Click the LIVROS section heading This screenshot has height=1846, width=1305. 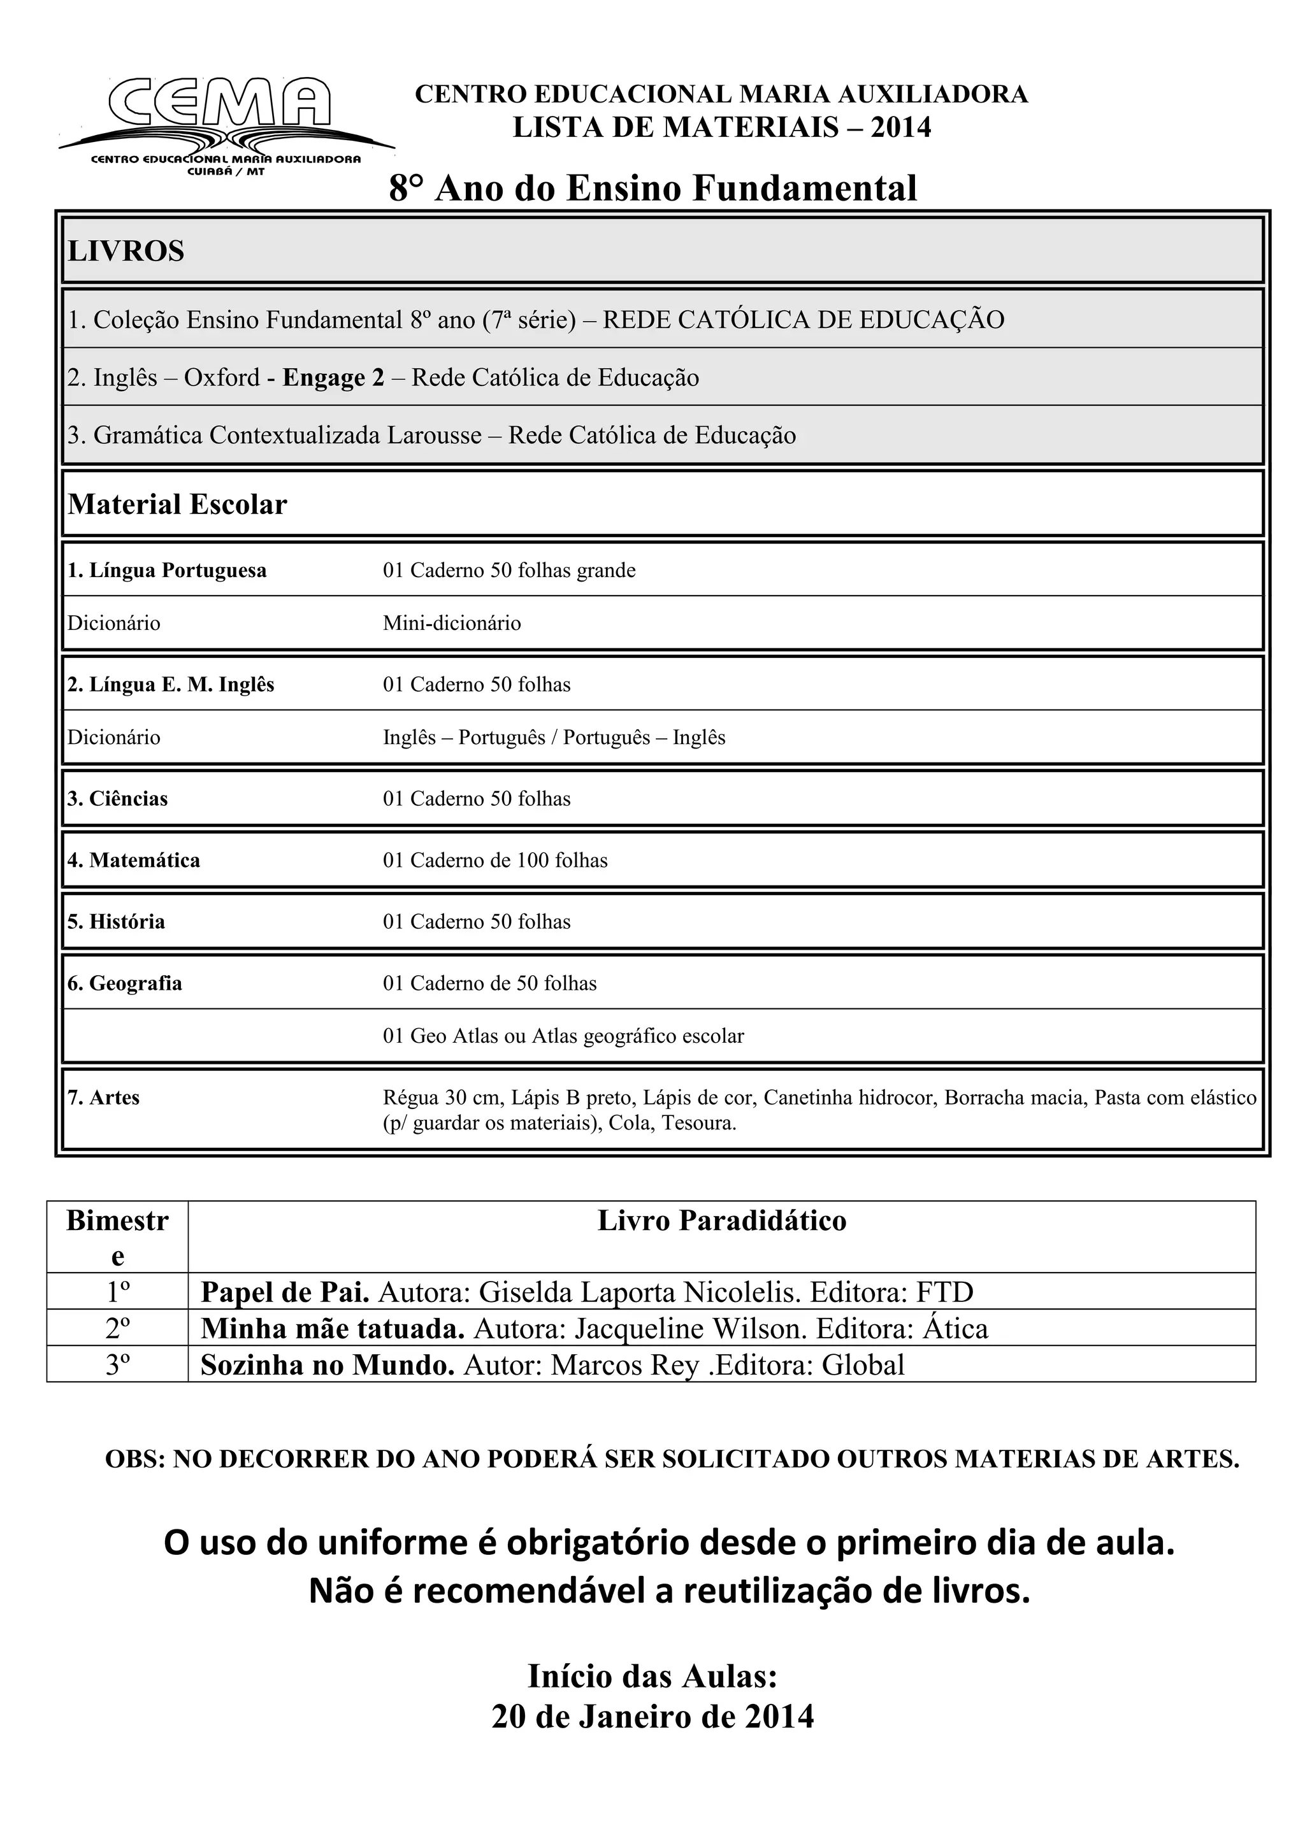coord(126,252)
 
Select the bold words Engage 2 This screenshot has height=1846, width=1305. coord(333,378)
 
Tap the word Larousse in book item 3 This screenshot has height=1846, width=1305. coord(434,436)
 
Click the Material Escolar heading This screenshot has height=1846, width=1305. coord(177,505)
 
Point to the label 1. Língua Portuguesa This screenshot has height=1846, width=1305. coord(166,571)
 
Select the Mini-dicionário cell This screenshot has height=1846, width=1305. coord(452,624)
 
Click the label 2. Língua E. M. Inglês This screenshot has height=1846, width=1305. coord(171,685)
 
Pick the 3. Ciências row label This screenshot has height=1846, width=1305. coord(117,799)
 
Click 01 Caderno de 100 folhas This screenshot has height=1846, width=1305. coord(495,861)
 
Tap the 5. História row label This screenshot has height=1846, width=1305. coord(116,922)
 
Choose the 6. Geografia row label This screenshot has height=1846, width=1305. coord(125,984)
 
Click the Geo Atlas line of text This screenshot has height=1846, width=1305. coord(563,1036)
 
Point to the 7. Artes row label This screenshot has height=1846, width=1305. coord(103,1098)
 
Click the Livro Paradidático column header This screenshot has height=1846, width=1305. coord(721,1220)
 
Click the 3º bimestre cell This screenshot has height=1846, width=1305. coord(117,1364)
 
